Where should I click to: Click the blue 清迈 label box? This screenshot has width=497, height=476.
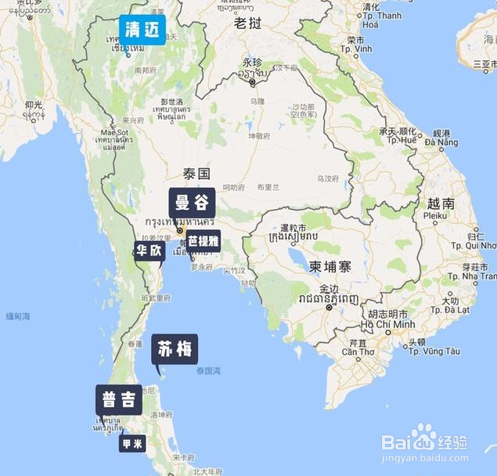142,30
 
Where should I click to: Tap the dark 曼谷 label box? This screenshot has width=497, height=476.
192,203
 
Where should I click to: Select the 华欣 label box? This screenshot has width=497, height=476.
149,251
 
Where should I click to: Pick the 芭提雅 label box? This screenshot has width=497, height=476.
203,240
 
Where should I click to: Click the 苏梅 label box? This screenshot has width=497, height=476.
175,349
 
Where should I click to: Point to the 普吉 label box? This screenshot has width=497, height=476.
119,399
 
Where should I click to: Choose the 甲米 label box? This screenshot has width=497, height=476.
132,443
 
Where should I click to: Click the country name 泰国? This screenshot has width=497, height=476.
196,173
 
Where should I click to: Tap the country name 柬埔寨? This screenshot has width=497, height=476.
330,267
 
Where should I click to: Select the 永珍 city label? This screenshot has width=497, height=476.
251,62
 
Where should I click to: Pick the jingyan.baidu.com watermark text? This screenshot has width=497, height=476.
423,460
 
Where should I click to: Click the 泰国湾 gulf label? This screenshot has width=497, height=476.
210,370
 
